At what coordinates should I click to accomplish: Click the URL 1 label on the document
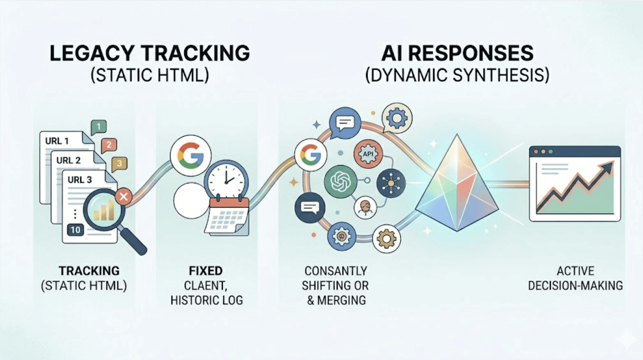coord(57,141)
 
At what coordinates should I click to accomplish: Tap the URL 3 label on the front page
coord(80,180)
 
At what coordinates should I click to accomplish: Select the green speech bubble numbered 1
coord(99,127)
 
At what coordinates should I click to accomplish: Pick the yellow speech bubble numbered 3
coord(119,163)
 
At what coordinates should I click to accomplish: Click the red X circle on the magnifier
coord(123,197)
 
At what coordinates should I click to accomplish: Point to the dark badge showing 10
coord(75,230)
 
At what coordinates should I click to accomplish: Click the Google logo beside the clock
coord(190,155)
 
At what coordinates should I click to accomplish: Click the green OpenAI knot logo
coord(340,182)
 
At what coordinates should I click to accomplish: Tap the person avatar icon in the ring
coord(365,207)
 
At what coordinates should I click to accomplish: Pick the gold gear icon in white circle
coord(386,239)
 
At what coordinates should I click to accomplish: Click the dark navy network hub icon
coord(391,183)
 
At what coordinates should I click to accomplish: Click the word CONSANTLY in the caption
coord(336,271)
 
